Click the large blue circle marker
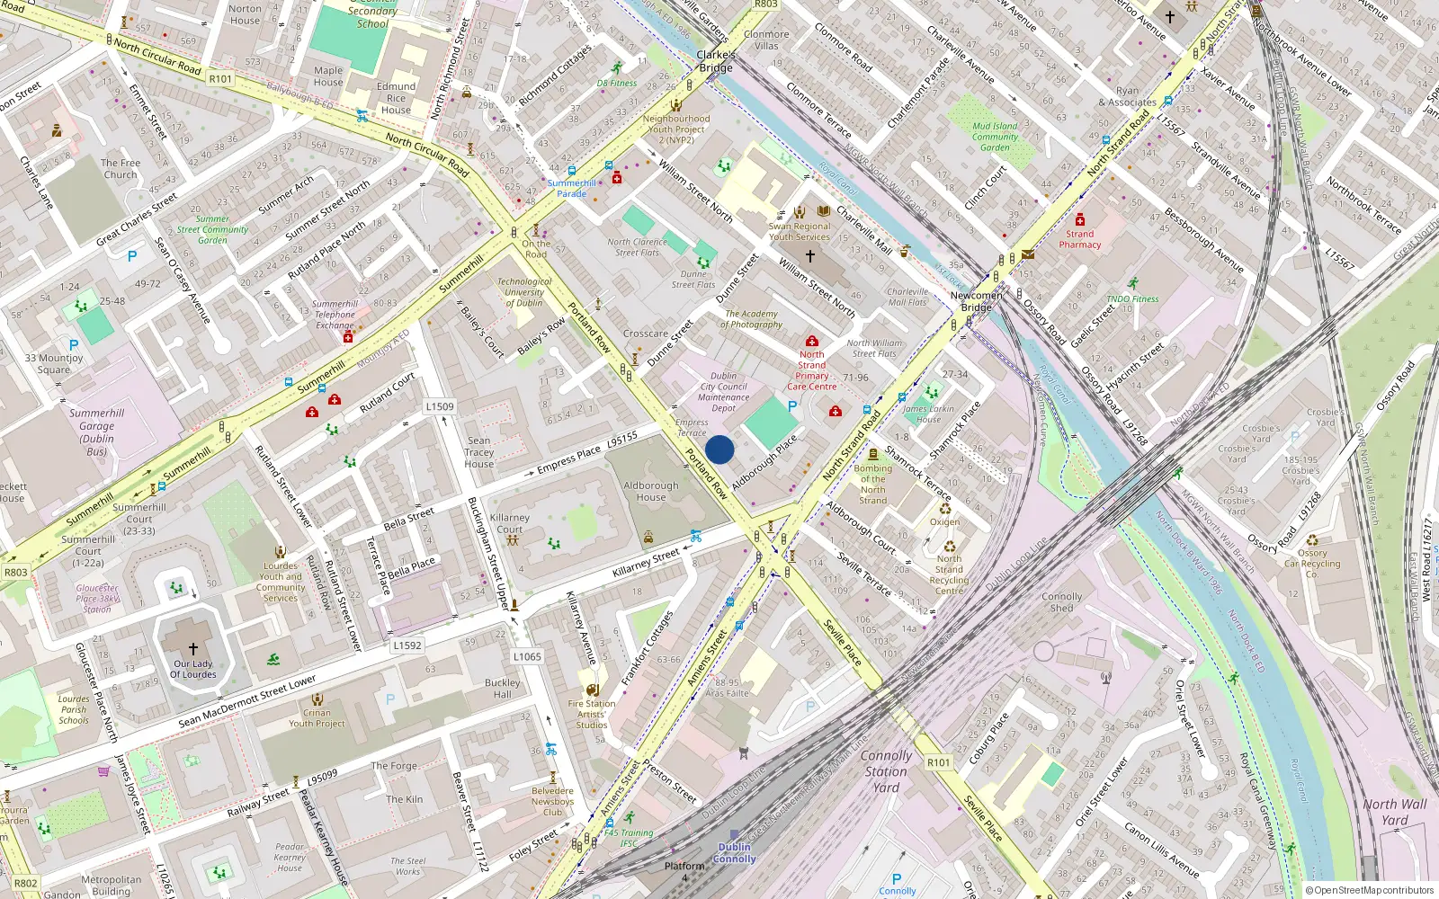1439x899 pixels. coord(719,449)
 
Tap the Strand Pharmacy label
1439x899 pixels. coord(1079,239)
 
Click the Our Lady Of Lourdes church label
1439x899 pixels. coord(193,669)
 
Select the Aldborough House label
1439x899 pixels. coord(651,491)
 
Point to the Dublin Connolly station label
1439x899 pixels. coord(734,853)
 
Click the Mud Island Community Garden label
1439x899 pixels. coord(995,137)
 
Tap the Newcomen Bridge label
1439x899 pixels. coord(976,301)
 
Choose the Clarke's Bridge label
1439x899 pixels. coord(716,61)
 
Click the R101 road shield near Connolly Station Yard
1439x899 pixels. coord(938,762)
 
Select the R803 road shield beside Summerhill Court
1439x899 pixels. coord(16,572)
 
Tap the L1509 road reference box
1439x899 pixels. coord(440,406)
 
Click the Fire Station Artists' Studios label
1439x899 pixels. coord(592,714)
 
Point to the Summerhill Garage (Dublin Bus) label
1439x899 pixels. coord(96,432)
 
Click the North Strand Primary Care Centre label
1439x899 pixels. coord(811,370)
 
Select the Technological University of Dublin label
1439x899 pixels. coord(524,292)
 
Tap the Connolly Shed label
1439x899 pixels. coord(1061,602)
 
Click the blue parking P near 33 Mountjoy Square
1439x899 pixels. coord(74,344)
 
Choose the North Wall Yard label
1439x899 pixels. coord(1394,812)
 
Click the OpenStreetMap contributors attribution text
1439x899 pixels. coord(1370,890)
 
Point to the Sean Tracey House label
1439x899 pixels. coord(478,452)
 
